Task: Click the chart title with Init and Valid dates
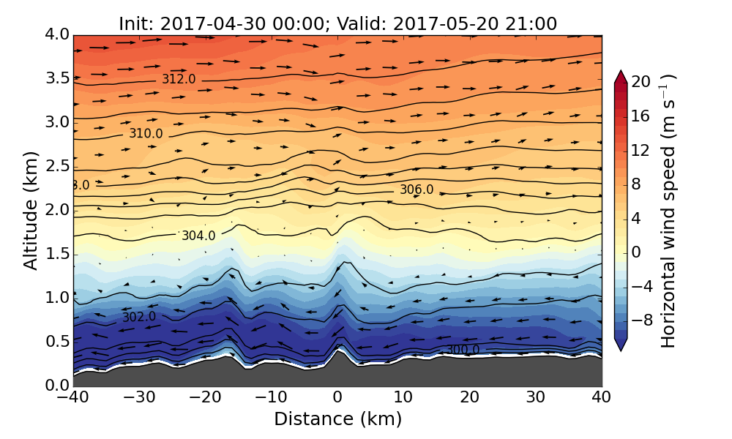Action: tap(337, 23)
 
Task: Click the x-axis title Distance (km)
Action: tap(337, 419)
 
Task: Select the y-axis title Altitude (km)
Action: tap(31, 210)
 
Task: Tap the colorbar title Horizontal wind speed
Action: tap(668, 211)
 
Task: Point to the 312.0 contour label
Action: tap(179, 79)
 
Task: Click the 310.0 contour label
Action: tap(146, 133)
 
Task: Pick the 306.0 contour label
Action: tap(417, 190)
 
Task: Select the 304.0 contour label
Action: tap(198, 236)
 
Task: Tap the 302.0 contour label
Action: tap(139, 317)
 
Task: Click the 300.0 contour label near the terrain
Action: tap(463, 350)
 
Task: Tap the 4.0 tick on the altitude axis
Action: tap(57, 34)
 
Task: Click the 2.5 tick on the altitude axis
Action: tap(57, 166)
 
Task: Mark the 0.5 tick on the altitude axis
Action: tap(57, 342)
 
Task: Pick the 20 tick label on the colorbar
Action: tap(641, 82)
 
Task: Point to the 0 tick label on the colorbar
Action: tap(637, 252)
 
